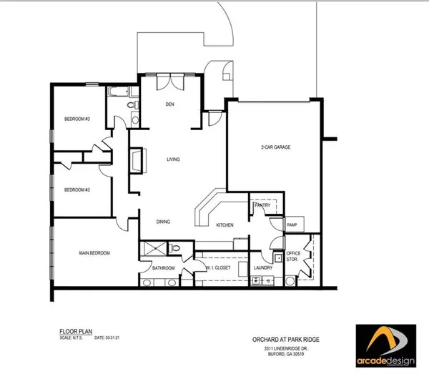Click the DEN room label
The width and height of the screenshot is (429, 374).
(170, 104)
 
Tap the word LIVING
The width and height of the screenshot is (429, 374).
(174, 159)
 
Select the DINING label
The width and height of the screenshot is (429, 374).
(164, 222)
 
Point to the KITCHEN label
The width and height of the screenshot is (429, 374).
(226, 225)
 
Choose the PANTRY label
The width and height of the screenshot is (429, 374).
(260, 205)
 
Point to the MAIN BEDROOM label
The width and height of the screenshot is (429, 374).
(92, 253)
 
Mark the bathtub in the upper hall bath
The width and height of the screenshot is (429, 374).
(117, 92)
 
